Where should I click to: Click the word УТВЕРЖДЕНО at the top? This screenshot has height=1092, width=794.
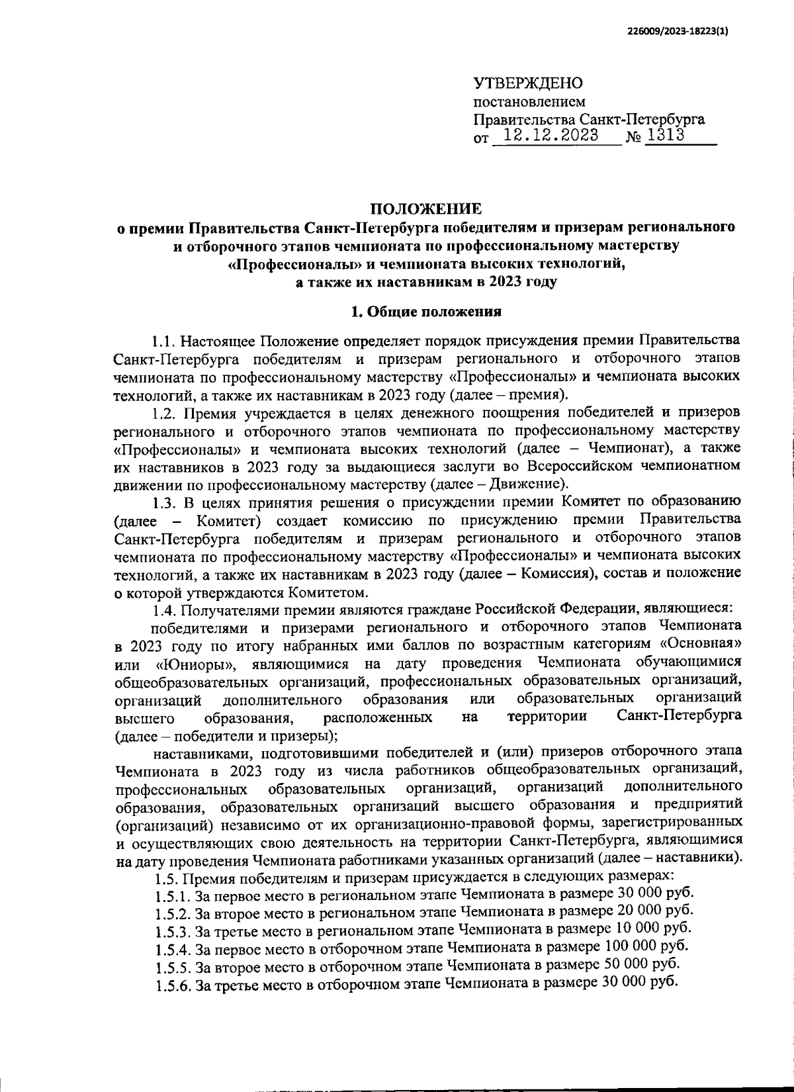[528, 84]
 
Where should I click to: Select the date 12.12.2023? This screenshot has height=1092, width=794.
[551, 136]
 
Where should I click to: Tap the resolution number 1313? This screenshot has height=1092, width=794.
[665, 135]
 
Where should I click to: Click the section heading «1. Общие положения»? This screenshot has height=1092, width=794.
[426, 311]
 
